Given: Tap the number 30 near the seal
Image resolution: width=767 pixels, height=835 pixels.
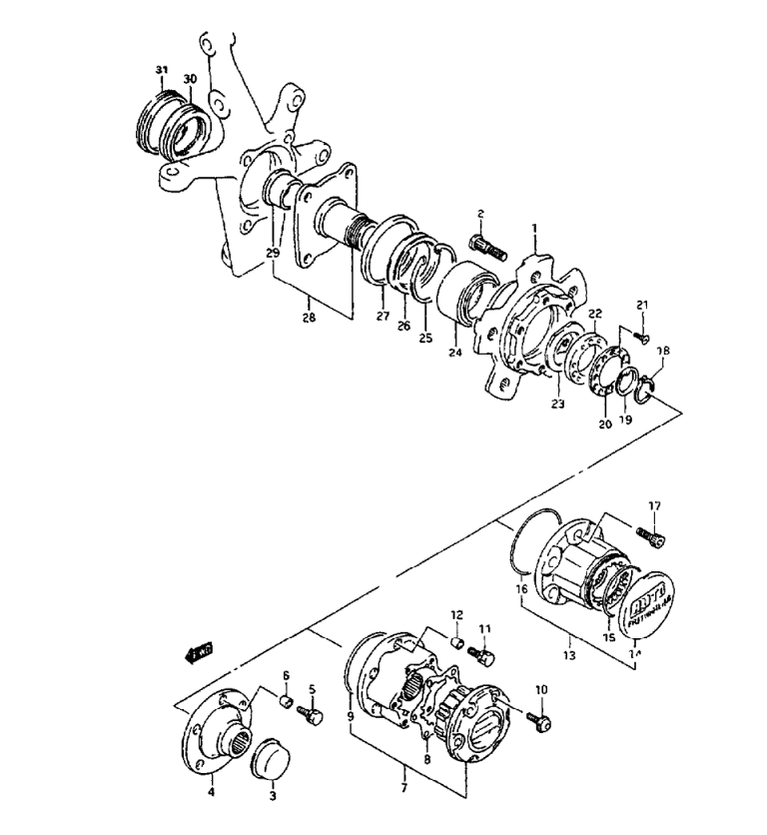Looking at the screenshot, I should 190,78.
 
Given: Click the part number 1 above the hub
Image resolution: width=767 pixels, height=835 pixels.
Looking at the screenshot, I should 534,229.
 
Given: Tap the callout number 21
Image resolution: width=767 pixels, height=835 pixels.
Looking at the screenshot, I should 643,305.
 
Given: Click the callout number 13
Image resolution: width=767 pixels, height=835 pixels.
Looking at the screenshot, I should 570,639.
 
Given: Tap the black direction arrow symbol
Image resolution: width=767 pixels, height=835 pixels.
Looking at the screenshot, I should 201,653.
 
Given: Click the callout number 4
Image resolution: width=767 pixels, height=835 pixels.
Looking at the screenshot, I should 211,793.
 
